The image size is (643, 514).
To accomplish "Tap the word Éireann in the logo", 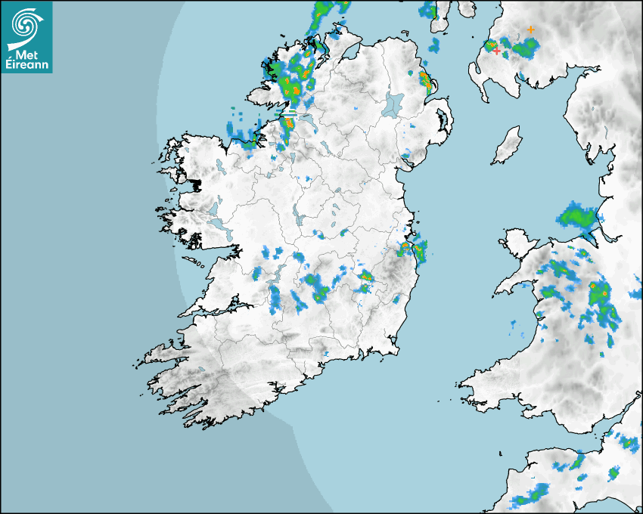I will [x=26, y=66].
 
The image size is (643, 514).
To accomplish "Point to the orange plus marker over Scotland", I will [x=531, y=29].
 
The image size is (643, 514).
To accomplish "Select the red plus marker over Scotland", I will [x=497, y=51].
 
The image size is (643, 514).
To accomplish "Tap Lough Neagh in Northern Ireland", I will [x=393, y=104].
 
